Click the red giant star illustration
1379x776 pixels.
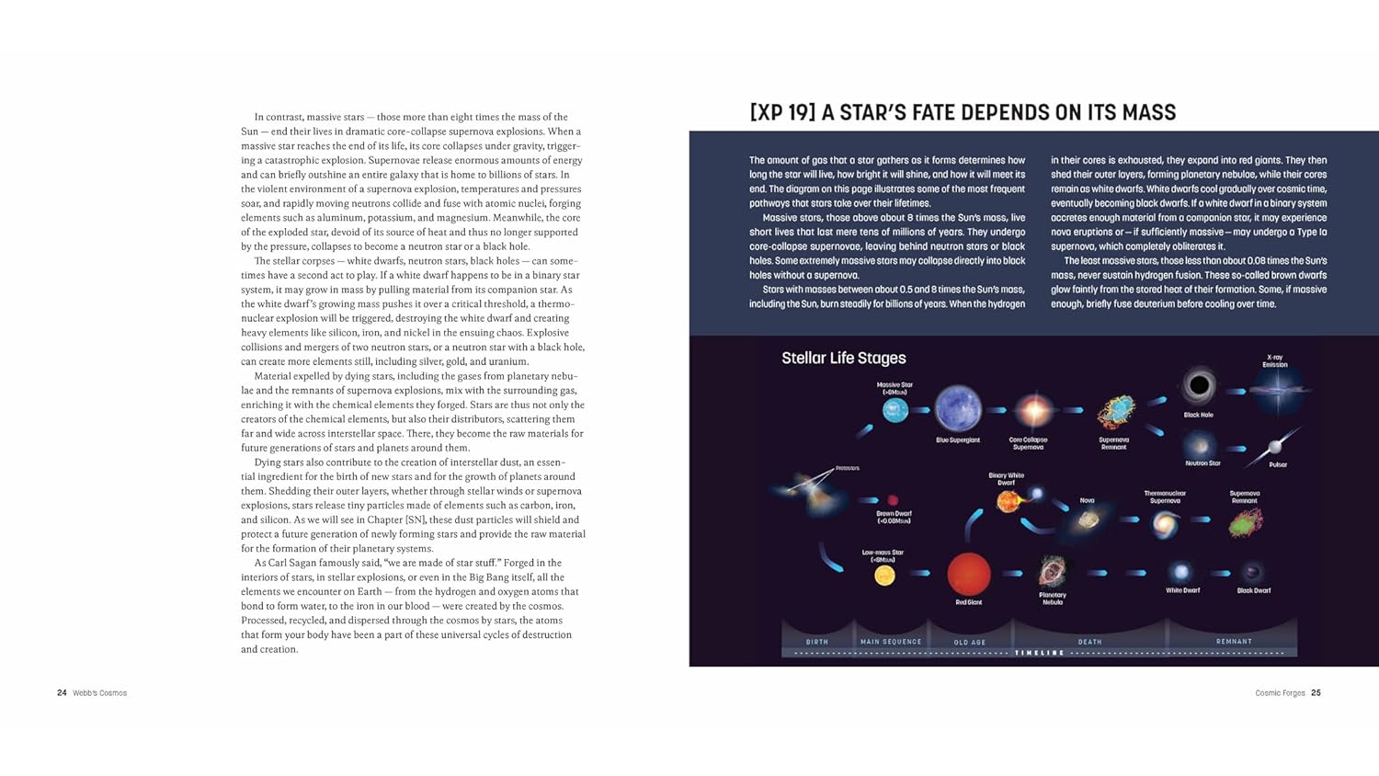pos(968,574)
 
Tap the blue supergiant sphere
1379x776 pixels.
pos(958,408)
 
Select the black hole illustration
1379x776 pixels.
pos(1199,386)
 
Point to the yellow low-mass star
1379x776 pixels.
pos(884,576)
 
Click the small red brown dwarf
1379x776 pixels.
pos(893,500)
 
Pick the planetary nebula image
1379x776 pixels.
pos(1052,572)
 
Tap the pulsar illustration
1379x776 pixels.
pos(1276,447)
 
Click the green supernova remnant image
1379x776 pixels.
pos(1246,522)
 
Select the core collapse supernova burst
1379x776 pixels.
pos(1032,410)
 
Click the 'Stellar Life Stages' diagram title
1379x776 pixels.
pos(843,359)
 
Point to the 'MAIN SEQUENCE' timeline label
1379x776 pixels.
pos(890,642)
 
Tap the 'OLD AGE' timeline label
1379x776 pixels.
pos(969,642)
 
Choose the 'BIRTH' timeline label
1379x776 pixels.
pos(816,642)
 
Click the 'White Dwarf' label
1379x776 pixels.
pos(1182,590)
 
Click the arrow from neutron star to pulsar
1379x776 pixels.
pos(1237,449)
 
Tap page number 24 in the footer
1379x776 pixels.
pos(62,693)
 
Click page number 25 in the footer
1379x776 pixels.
pos(1316,693)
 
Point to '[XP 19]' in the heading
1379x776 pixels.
pos(782,113)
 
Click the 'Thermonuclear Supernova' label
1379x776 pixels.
pos(1165,497)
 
